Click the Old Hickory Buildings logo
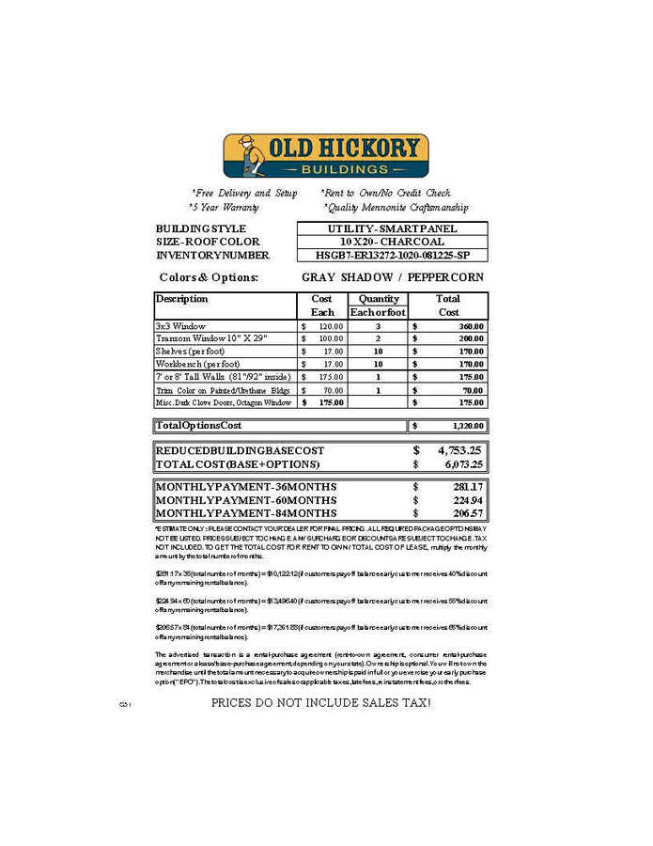click(x=325, y=156)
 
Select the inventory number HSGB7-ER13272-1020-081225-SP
click(x=392, y=255)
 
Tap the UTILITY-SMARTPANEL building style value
click(x=392, y=228)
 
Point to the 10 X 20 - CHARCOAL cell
click(x=392, y=242)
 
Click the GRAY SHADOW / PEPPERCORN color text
click(x=393, y=277)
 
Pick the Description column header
click(x=182, y=299)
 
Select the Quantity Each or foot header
click(x=377, y=305)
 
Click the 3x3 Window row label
click(x=180, y=325)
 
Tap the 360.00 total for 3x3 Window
click(x=469, y=325)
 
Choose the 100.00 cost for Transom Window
click(x=328, y=337)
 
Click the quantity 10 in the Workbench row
click(x=378, y=364)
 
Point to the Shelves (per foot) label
click(x=192, y=351)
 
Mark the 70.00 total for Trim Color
click(x=472, y=389)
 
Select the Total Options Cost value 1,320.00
click(x=465, y=426)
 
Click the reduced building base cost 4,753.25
click(x=459, y=450)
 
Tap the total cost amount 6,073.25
click(x=459, y=464)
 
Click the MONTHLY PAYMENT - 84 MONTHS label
click(x=245, y=513)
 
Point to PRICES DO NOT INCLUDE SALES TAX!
click(x=320, y=702)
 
